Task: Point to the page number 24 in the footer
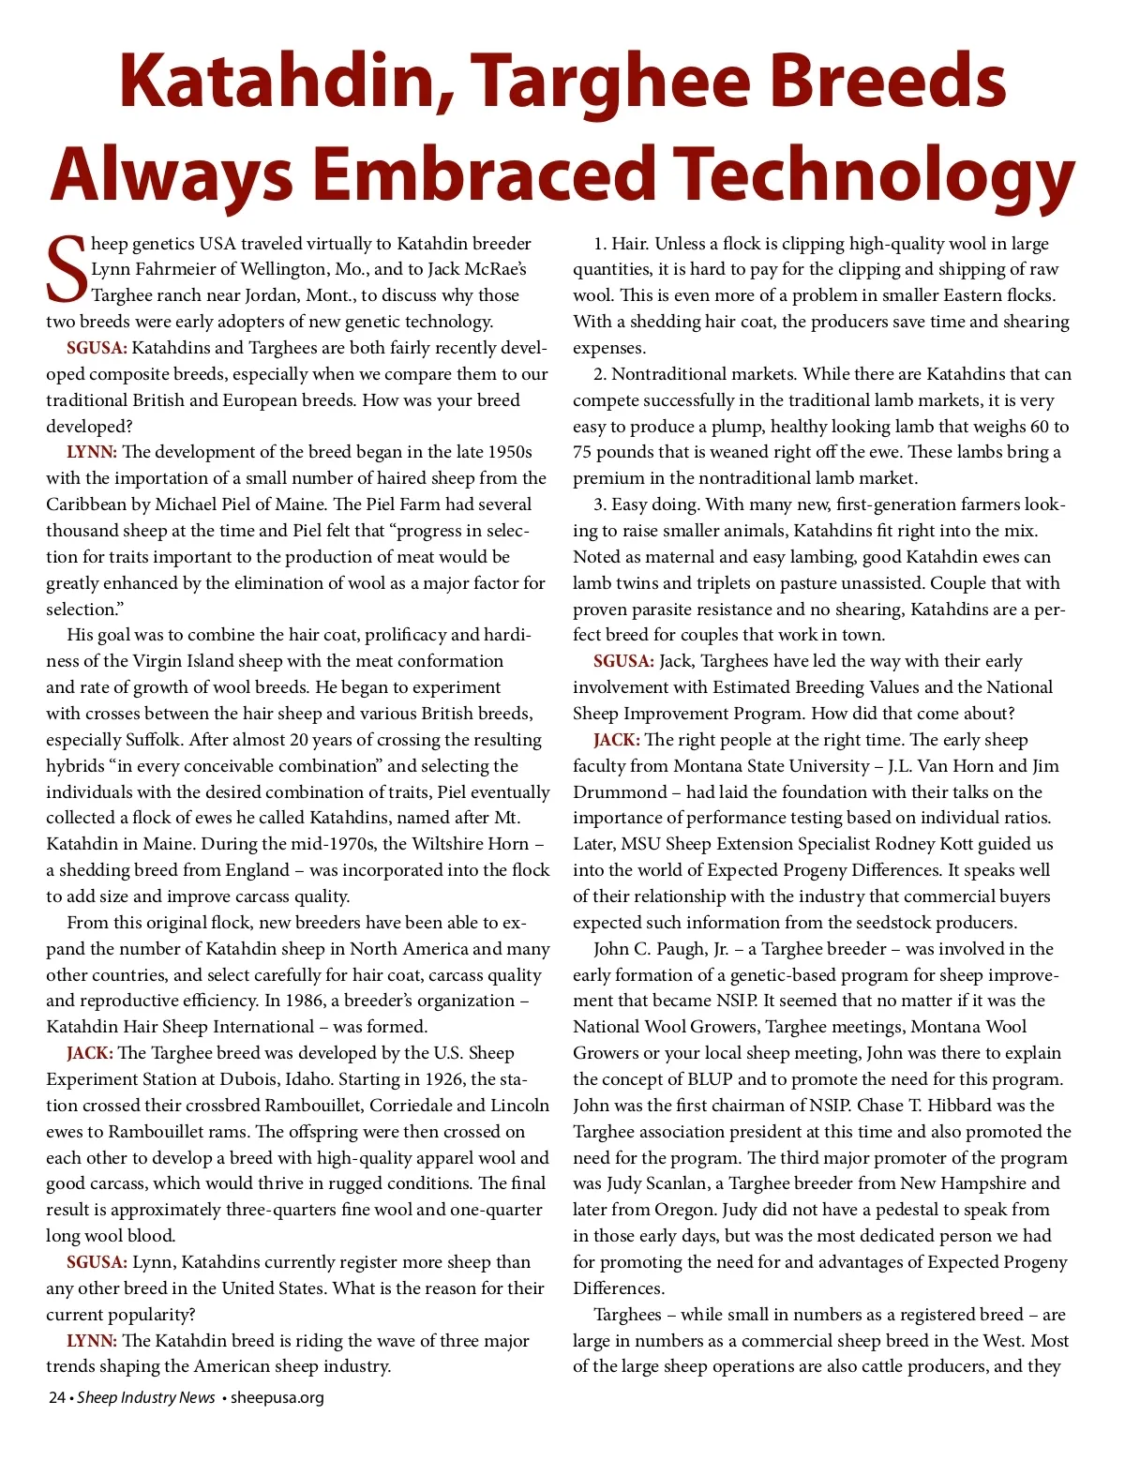click(x=57, y=1397)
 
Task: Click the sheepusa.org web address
click(x=277, y=1397)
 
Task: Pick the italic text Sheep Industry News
click(x=146, y=1397)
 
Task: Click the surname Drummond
click(x=620, y=792)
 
